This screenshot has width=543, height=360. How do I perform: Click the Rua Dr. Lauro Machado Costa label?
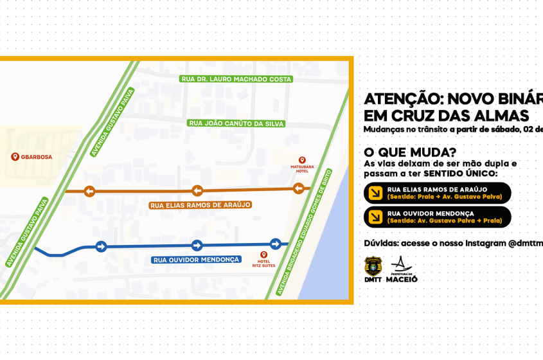coord(236,79)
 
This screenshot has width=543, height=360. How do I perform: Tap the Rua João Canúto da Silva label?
coord(236,123)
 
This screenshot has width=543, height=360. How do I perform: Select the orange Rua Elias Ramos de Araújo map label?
coord(200,205)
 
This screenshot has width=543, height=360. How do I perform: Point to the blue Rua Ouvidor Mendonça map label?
coord(196,260)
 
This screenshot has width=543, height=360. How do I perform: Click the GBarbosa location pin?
coord(15,156)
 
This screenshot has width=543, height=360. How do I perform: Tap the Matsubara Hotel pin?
coord(302,160)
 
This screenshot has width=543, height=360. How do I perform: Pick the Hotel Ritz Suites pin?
coord(263,255)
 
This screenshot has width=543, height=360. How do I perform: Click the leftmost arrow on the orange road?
coord(89,191)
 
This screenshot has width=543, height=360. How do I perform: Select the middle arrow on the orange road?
coord(197,190)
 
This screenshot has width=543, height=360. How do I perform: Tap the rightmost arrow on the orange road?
coord(299,188)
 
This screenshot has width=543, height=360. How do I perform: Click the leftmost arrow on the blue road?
coord(101,246)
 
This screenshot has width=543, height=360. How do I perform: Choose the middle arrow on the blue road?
coord(197,246)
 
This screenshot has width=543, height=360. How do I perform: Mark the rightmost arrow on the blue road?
coord(276,244)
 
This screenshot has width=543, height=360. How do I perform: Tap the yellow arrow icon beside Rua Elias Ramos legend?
coord(375,193)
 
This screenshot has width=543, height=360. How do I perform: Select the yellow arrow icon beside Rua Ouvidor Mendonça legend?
coord(375,217)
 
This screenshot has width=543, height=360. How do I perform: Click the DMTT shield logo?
coord(373,265)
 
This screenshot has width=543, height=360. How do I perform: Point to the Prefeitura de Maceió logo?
coord(402,269)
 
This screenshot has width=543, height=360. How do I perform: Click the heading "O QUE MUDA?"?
coord(410,152)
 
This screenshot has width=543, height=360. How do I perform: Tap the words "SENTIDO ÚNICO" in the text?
coord(460,174)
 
